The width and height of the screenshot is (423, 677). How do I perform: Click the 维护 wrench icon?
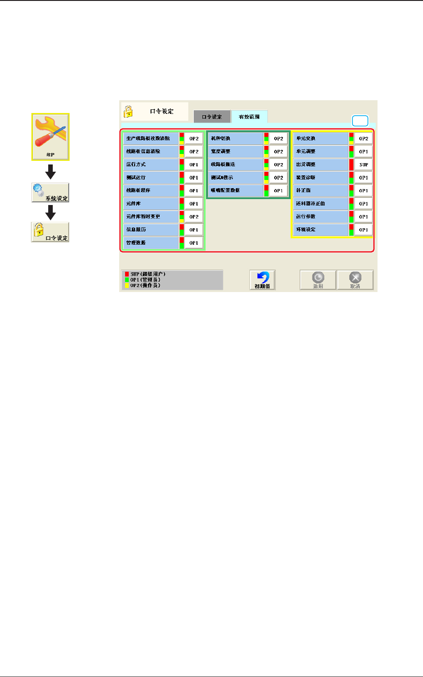tap(50, 137)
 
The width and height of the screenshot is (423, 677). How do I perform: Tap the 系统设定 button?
tap(50, 193)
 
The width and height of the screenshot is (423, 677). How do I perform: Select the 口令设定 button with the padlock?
tap(50, 232)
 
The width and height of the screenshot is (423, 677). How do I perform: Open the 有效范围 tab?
tap(249, 117)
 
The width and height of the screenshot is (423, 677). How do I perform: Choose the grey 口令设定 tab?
tap(212, 117)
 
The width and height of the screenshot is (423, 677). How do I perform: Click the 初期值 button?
tap(262, 280)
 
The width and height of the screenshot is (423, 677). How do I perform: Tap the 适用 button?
tap(318, 280)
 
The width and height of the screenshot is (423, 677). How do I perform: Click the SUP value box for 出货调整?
tap(363, 164)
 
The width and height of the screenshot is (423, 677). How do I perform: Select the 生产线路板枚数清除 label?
tap(151, 138)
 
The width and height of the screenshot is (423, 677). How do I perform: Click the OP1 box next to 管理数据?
tap(194, 243)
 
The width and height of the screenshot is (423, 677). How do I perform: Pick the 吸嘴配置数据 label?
tap(236, 190)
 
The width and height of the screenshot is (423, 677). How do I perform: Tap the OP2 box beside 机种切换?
tap(278, 138)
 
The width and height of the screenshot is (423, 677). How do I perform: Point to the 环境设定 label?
tap(321, 230)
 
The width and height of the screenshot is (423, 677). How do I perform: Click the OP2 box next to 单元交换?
tap(363, 138)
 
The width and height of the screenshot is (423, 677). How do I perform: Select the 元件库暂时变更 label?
tap(151, 216)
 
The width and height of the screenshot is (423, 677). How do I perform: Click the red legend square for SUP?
tap(127, 274)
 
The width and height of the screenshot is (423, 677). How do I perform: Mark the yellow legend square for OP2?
tap(127, 286)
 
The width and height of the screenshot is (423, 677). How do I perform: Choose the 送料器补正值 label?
tap(321, 204)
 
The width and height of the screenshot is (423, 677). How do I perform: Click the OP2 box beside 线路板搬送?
tap(278, 164)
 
